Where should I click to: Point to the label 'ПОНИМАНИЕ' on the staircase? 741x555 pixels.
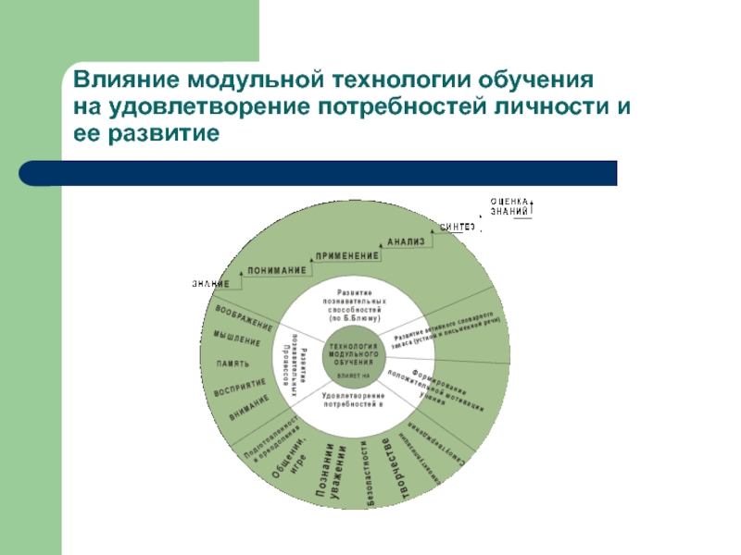click(x=276, y=270)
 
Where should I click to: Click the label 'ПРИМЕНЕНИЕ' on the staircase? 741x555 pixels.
click(x=347, y=255)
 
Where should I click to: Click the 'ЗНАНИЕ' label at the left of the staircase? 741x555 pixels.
click(x=211, y=283)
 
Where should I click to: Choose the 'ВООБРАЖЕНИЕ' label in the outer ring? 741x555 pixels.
click(x=244, y=315)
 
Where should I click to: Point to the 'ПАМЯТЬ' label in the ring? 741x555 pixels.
click(x=232, y=363)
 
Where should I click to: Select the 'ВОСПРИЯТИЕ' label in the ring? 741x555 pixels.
click(x=240, y=388)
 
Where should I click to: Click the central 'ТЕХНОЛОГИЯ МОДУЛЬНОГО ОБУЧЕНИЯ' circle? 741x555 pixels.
click(x=353, y=356)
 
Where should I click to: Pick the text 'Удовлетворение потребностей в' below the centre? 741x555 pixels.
click(x=353, y=401)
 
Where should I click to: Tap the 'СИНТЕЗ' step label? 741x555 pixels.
click(x=458, y=227)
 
